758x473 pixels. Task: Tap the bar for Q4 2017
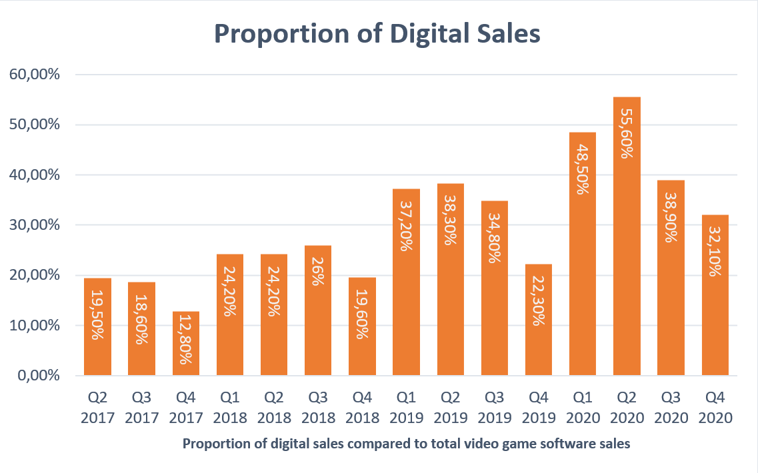(185, 344)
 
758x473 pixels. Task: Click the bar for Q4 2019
(539, 320)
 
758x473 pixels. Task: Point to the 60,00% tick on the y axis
(34, 75)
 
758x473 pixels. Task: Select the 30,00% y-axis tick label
(34, 225)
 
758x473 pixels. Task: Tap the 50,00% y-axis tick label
(34, 125)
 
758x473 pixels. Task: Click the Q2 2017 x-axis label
(97, 408)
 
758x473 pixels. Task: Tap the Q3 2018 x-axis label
(318, 408)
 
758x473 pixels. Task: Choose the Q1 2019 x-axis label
(406, 408)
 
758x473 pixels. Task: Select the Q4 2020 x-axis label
(715, 408)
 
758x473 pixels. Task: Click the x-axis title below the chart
(406, 444)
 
